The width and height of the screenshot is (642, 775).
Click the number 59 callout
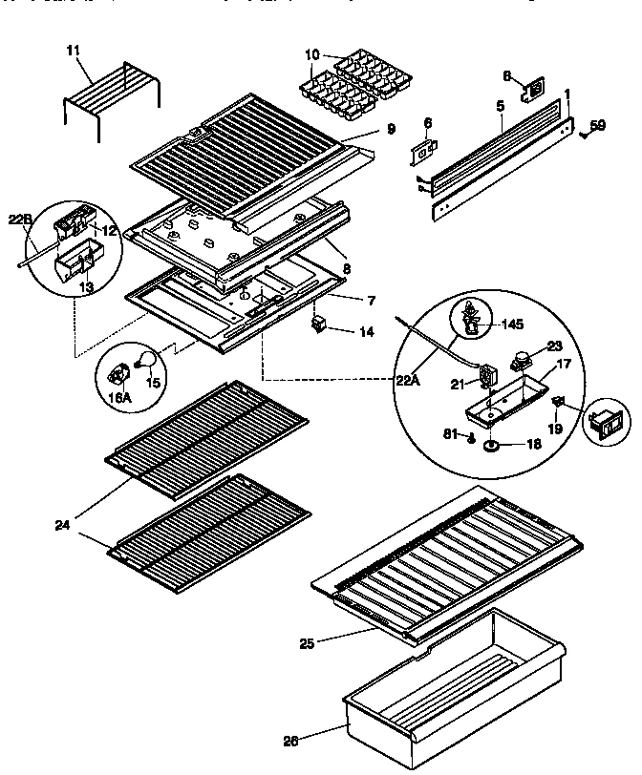(x=597, y=123)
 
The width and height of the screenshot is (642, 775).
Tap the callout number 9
(x=391, y=129)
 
